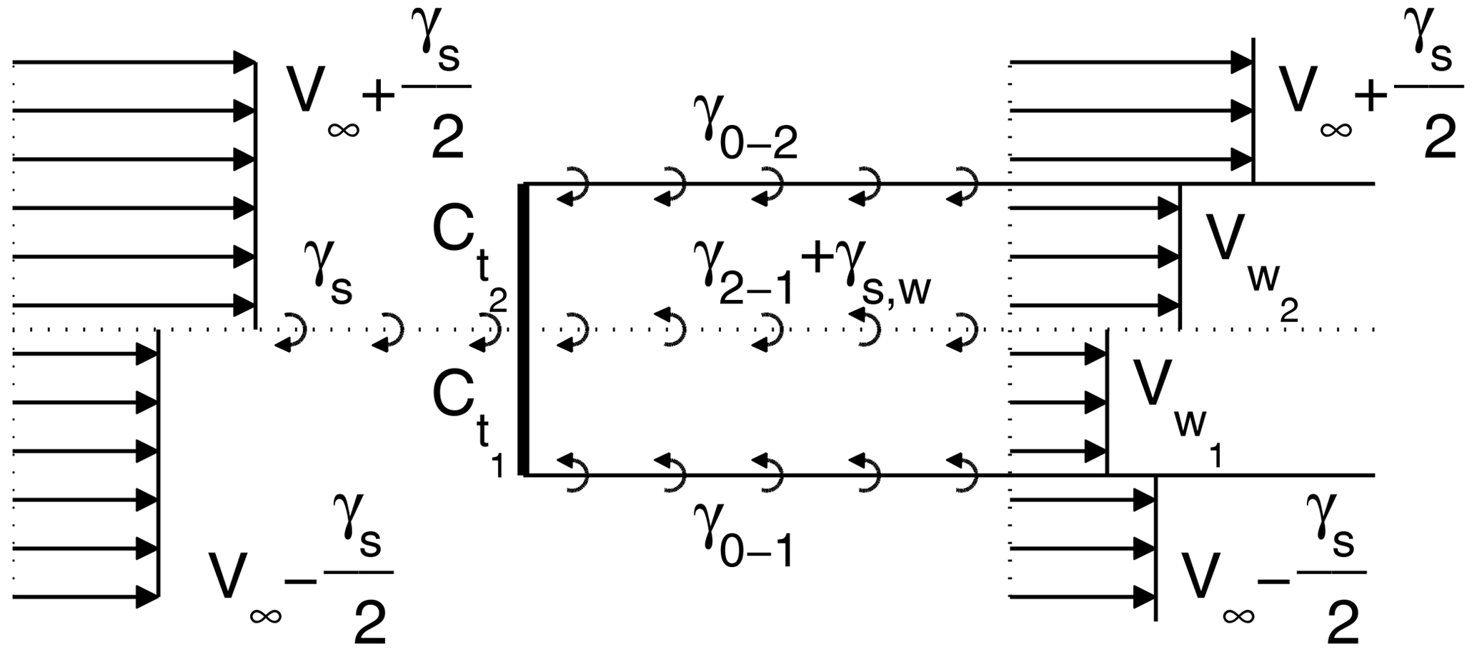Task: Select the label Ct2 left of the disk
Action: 469,250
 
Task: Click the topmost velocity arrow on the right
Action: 1130,63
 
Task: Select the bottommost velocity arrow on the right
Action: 1083,596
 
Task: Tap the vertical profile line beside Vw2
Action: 1180,257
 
